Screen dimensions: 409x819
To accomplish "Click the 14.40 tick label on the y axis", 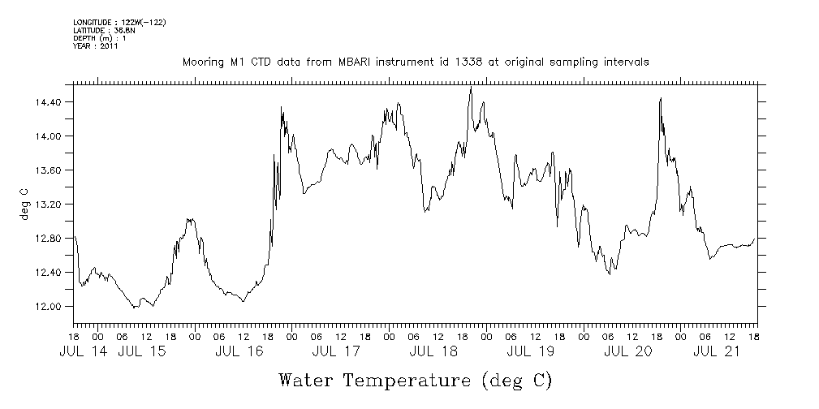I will [50, 102].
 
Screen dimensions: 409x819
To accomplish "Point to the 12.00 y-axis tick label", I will [50, 307].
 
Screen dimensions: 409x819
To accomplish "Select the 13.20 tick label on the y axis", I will [50, 204].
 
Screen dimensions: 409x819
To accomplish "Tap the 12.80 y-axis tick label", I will [50, 239].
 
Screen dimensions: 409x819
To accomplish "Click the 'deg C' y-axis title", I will [24, 204].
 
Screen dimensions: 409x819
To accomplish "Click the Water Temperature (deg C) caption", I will [415, 379].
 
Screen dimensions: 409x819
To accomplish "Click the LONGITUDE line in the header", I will [119, 22].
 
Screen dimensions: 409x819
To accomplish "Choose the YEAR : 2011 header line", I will [97, 46].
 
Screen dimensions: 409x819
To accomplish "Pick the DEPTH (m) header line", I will [100, 38].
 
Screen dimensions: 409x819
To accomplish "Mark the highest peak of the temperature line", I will [471, 87].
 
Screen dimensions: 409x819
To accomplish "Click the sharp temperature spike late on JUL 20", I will [661, 98].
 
